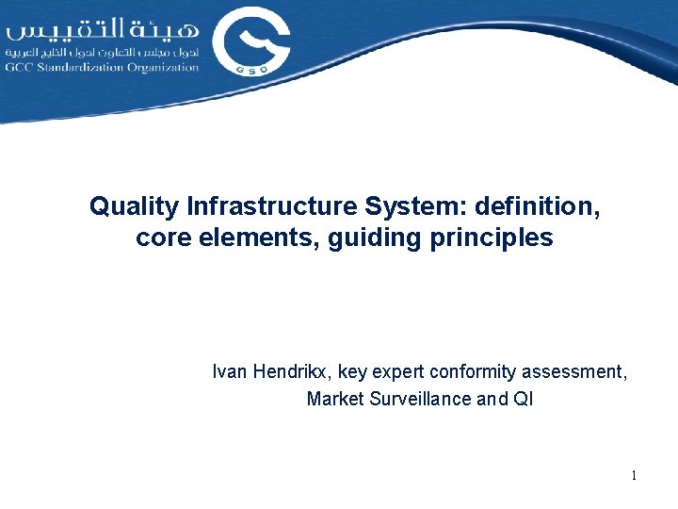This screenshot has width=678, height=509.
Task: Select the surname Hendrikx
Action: pyautogui.click(x=293, y=371)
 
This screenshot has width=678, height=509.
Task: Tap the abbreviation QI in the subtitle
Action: pyautogui.click(x=523, y=399)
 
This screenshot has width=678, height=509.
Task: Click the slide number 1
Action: pyautogui.click(x=634, y=476)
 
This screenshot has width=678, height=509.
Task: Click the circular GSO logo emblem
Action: pyautogui.click(x=250, y=42)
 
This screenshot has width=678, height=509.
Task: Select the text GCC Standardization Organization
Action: pyautogui.click(x=102, y=67)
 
